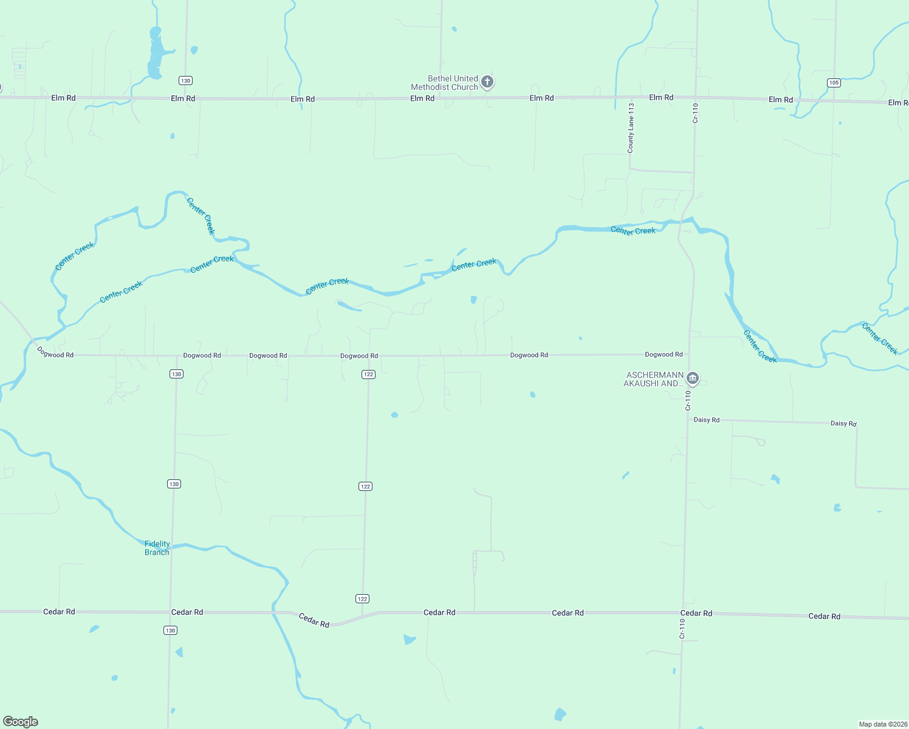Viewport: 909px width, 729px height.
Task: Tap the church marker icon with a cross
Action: (x=487, y=81)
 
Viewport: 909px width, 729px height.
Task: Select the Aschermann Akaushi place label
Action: (x=653, y=379)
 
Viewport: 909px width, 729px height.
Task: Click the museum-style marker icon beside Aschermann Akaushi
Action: (x=692, y=379)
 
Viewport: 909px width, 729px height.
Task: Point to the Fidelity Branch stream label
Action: (x=157, y=548)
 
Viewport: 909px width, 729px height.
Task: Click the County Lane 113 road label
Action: (x=631, y=128)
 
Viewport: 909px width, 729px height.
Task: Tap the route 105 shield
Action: (x=834, y=83)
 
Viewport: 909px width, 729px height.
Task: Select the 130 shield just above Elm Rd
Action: (x=185, y=81)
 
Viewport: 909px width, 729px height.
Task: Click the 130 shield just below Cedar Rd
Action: (x=170, y=631)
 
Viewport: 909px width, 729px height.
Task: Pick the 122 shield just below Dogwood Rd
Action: (x=368, y=374)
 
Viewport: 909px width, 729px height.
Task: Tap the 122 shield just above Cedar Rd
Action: (x=362, y=599)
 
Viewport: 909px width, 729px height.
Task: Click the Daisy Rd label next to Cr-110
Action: (x=706, y=420)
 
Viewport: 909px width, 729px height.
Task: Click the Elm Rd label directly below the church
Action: (x=422, y=98)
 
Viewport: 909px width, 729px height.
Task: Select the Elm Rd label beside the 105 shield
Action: (x=781, y=100)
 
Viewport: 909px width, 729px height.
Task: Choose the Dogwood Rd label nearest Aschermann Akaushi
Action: (x=664, y=354)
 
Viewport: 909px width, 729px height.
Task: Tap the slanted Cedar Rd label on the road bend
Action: (x=314, y=620)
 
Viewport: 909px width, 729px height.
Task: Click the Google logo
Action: (x=21, y=722)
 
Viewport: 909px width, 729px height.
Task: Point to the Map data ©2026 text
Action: (x=883, y=724)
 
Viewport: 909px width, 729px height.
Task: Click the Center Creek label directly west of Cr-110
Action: (x=633, y=231)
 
